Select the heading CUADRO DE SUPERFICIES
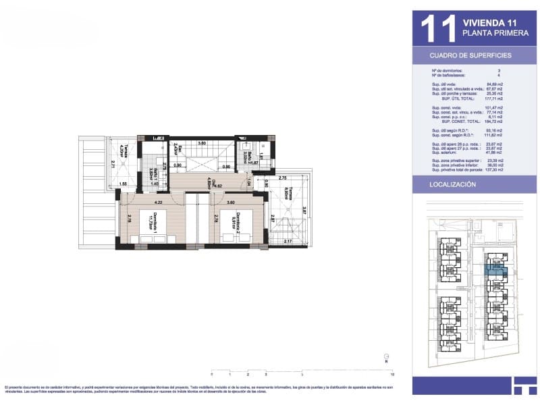470,55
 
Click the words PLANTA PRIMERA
490,33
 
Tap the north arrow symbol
385,357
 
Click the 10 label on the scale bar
392,373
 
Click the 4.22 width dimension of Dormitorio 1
158,201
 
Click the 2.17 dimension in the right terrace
288,241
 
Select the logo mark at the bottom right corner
523,385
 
